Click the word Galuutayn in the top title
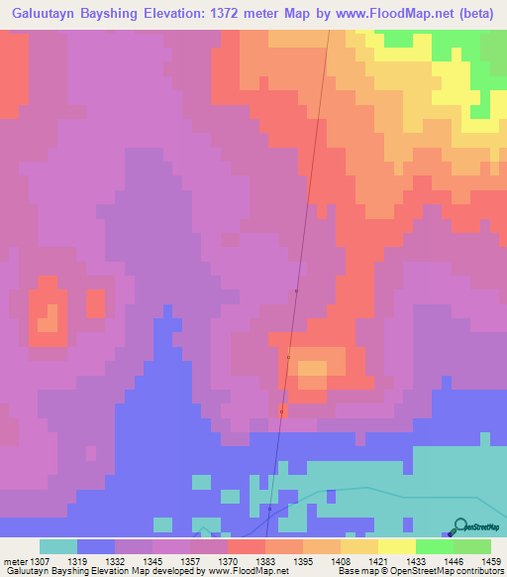coord(43,13)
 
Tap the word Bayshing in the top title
coord(115,13)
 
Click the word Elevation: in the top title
coord(184,13)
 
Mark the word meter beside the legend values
coord(14,560)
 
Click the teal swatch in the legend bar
coord(57,546)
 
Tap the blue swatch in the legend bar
coord(95,546)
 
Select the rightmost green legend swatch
coord(471,546)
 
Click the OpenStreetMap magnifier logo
coord(458,526)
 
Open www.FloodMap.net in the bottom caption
coord(248,571)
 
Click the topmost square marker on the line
coord(296,290)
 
